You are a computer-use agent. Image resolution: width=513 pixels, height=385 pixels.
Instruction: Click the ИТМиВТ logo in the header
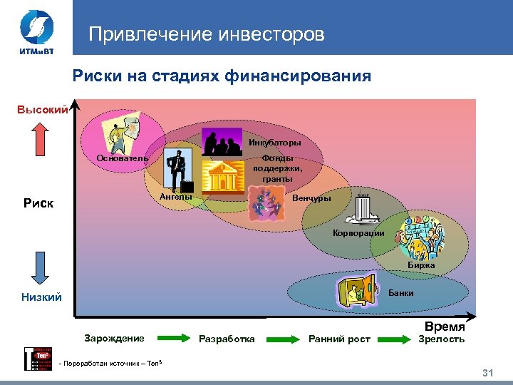pos(34,31)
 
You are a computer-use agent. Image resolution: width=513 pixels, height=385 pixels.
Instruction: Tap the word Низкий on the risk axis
pos(41,297)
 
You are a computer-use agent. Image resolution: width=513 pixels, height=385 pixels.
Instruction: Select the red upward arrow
pos(41,139)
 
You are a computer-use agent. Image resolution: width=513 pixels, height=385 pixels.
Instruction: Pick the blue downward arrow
pos(40,263)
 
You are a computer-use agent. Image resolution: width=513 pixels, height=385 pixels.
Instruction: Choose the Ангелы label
pos(176,196)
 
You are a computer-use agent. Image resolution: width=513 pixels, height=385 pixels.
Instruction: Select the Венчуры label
pos(312,198)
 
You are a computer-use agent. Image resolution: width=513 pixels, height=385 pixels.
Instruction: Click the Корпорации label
pos(359,233)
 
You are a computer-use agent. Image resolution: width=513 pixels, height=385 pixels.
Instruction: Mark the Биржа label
pos(421,265)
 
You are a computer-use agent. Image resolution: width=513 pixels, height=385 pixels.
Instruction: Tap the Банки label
pos(400,293)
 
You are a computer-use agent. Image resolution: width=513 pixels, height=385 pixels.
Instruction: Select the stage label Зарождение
pos(114,338)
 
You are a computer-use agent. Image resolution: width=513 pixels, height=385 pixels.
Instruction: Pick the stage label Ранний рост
pos(339,339)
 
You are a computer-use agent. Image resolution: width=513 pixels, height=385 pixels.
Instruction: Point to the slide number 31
pos(488,374)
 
